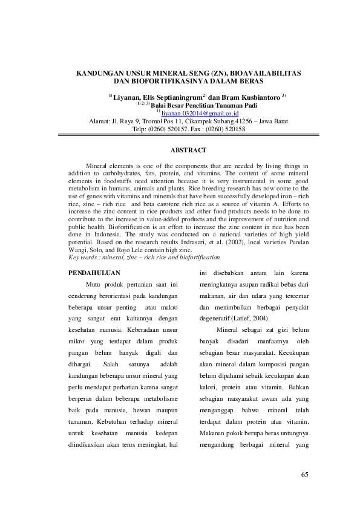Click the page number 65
tap(305, 474)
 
